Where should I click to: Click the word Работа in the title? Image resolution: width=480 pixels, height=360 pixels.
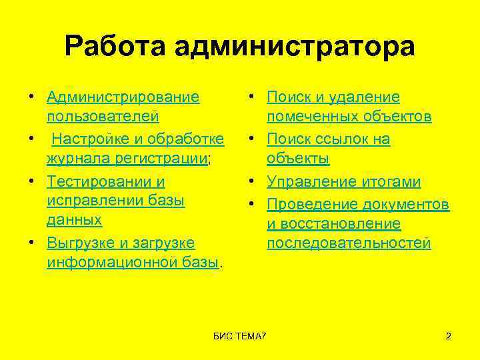pyautogui.click(x=117, y=47)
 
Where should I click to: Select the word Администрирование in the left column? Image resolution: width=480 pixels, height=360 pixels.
pyautogui.click(x=123, y=97)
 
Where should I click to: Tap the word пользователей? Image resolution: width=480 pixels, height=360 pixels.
pyautogui.click(x=103, y=117)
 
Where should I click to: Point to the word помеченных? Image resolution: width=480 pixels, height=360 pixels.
pyautogui.click(x=309, y=117)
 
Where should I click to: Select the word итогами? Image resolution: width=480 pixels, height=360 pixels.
pyautogui.click(x=399, y=181)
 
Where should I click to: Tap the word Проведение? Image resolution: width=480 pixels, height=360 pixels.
pyautogui.click(x=312, y=203)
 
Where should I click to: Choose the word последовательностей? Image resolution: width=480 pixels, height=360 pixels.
pyautogui.click(x=349, y=243)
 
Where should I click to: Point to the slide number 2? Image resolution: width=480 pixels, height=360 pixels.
pyautogui.click(x=449, y=335)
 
